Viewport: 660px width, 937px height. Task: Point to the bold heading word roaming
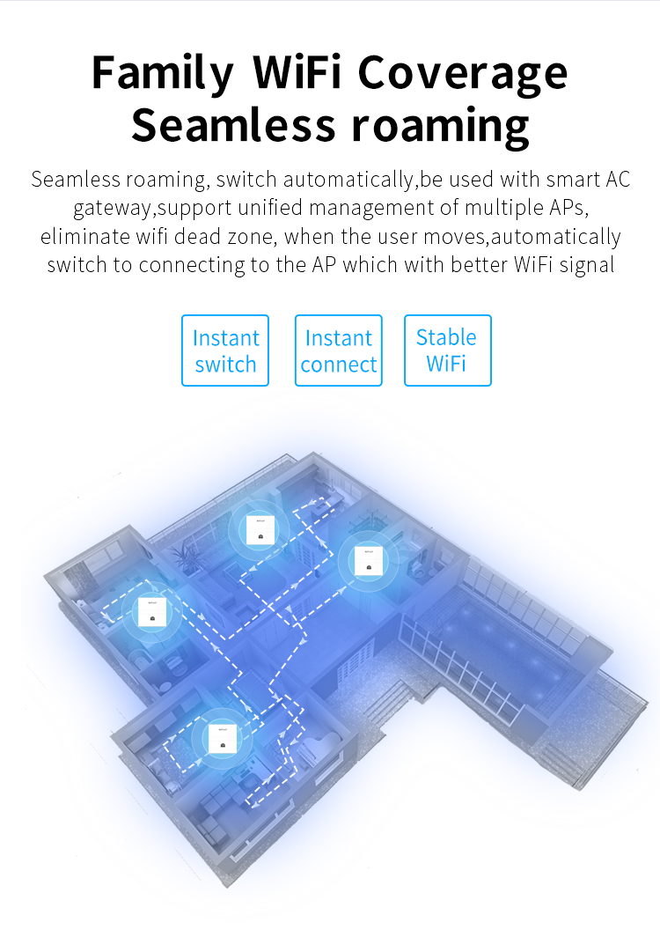(x=441, y=125)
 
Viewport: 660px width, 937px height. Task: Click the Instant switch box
(x=225, y=350)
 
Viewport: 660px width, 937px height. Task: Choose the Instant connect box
(x=339, y=350)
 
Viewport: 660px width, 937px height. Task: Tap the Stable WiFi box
(x=447, y=350)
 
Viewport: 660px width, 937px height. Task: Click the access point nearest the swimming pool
(x=366, y=561)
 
